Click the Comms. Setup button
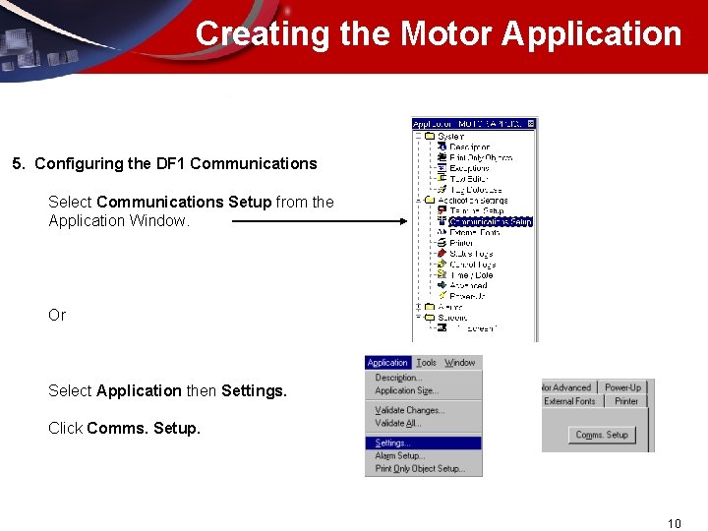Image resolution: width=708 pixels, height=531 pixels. coord(602,435)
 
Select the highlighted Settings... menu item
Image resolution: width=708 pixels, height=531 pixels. coord(393,443)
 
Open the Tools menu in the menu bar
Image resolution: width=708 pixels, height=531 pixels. coord(426,363)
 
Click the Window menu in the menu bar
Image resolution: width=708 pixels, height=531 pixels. coord(459,363)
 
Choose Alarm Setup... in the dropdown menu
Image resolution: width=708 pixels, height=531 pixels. coord(399,456)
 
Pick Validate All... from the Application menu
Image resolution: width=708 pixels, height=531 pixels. coord(397,423)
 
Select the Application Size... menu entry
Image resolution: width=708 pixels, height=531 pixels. coord(405,390)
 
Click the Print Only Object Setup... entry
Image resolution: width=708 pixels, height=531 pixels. coord(420,469)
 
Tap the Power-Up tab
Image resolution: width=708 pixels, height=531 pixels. coord(622,387)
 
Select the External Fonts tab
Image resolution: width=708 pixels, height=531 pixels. coord(570,401)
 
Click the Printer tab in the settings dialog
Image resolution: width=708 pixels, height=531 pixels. coord(626,401)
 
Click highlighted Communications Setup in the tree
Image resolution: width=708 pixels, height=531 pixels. coord(490,221)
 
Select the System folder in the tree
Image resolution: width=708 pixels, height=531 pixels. coord(450,137)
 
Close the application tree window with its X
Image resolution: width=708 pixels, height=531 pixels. coord(531,124)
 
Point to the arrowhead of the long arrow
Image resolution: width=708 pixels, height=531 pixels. coord(402,221)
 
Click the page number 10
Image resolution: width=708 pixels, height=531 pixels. coord(674,523)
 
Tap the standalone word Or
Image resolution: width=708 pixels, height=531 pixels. coord(57,315)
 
